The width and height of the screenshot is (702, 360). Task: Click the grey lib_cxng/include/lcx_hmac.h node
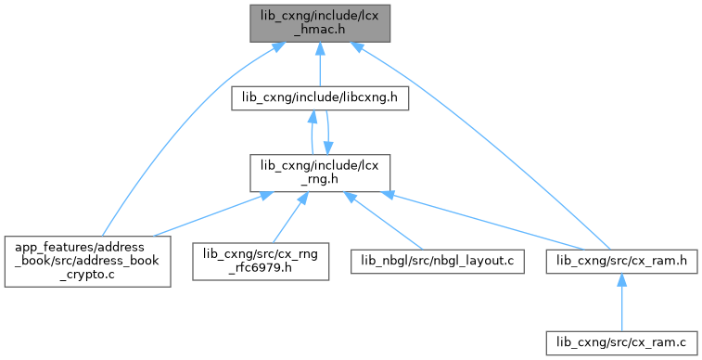pos(320,23)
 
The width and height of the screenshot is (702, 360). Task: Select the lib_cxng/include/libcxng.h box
pos(320,98)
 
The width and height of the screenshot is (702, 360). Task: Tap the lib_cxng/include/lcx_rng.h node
pos(320,173)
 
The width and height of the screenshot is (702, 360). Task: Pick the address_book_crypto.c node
pos(88,262)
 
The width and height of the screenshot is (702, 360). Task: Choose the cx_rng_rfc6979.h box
pos(261,262)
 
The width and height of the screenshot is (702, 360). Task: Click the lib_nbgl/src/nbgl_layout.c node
pos(438,262)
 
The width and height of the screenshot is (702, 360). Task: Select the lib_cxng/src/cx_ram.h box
pos(621,262)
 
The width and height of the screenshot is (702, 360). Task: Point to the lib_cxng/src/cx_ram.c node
pos(621,343)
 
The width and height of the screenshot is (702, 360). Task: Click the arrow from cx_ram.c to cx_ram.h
pos(621,302)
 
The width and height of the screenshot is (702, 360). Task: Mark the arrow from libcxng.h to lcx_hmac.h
pos(320,64)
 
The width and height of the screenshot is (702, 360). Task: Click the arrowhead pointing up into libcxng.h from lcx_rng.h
pos(313,116)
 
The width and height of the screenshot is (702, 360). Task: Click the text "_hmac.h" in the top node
pos(320,30)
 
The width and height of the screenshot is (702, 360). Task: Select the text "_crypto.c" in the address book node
pos(88,275)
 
